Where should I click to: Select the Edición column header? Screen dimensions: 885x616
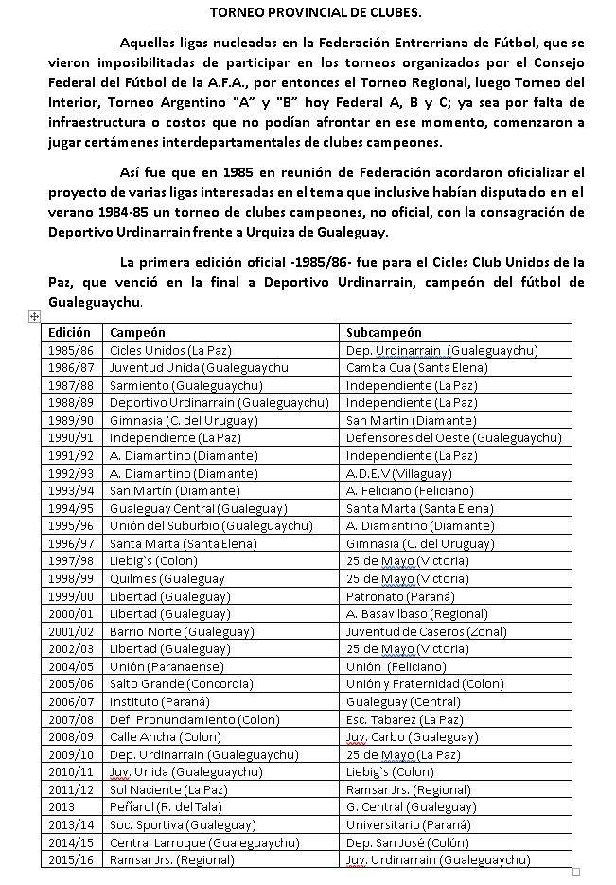[x=70, y=333]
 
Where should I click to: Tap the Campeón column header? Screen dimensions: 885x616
[x=137, y=333]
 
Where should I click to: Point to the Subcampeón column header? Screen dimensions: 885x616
[x=384, y=333]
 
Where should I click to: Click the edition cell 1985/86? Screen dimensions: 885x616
[x=70, y=350]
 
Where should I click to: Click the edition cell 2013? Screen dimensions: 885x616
[x=61, y=806]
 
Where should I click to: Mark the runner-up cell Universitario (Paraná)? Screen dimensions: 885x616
[x=407, y=824]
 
